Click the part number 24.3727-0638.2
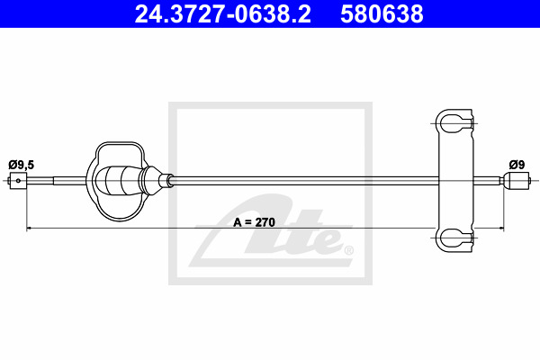click(223, 14)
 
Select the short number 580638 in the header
click(382, 14)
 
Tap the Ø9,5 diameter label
click(22, 165)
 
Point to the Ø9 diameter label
click(517, 165)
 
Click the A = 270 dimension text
click(254, 222)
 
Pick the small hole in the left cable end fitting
click(18, 181)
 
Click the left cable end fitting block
click(18, 181)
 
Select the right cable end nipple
click(516, 181)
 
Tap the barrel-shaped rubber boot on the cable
click(120, 181)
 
